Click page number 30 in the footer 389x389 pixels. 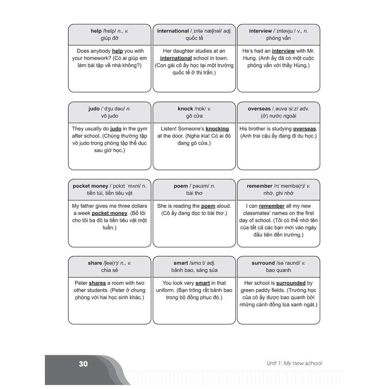pyautogui.click(x=83, y=364)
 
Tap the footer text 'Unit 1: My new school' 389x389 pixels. pyautogui.click(x=294, y=363)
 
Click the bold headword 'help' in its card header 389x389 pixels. pyautogui.click(x=96, y=31)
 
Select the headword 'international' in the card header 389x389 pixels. pyautogui.click(x=173, y=31)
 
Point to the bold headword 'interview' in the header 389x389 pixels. pyautogui.click(x=260, y=31)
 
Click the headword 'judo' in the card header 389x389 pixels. pyautogui.click(x=94, y=109)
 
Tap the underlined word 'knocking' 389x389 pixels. pyautogui.click(x=217, y=128)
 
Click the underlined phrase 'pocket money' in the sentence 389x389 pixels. pyautogui.click(x=109, y=213)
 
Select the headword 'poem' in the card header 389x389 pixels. pyautogui.click(x=181, y=186)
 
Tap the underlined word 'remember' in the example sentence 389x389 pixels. pyautogui.click(x=272, y=206)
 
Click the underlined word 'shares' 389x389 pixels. pyautogui.click(x=97, y=283)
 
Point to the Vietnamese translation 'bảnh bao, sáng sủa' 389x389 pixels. pyautogui.click(x=194, y=270)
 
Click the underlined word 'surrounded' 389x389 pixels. pyautogui.click(x=291, y=283)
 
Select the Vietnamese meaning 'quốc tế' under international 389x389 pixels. pyautogui.click(x=194, y=38)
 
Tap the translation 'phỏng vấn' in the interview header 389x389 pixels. pyautogui.click(x=278, y=38)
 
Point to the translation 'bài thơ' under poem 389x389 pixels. pyautogui.click(x=194, y=193)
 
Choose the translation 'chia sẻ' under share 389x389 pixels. pyautogui.click(x=109, y=270)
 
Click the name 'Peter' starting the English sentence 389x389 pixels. pyautogui.click(x=81, y=283)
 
